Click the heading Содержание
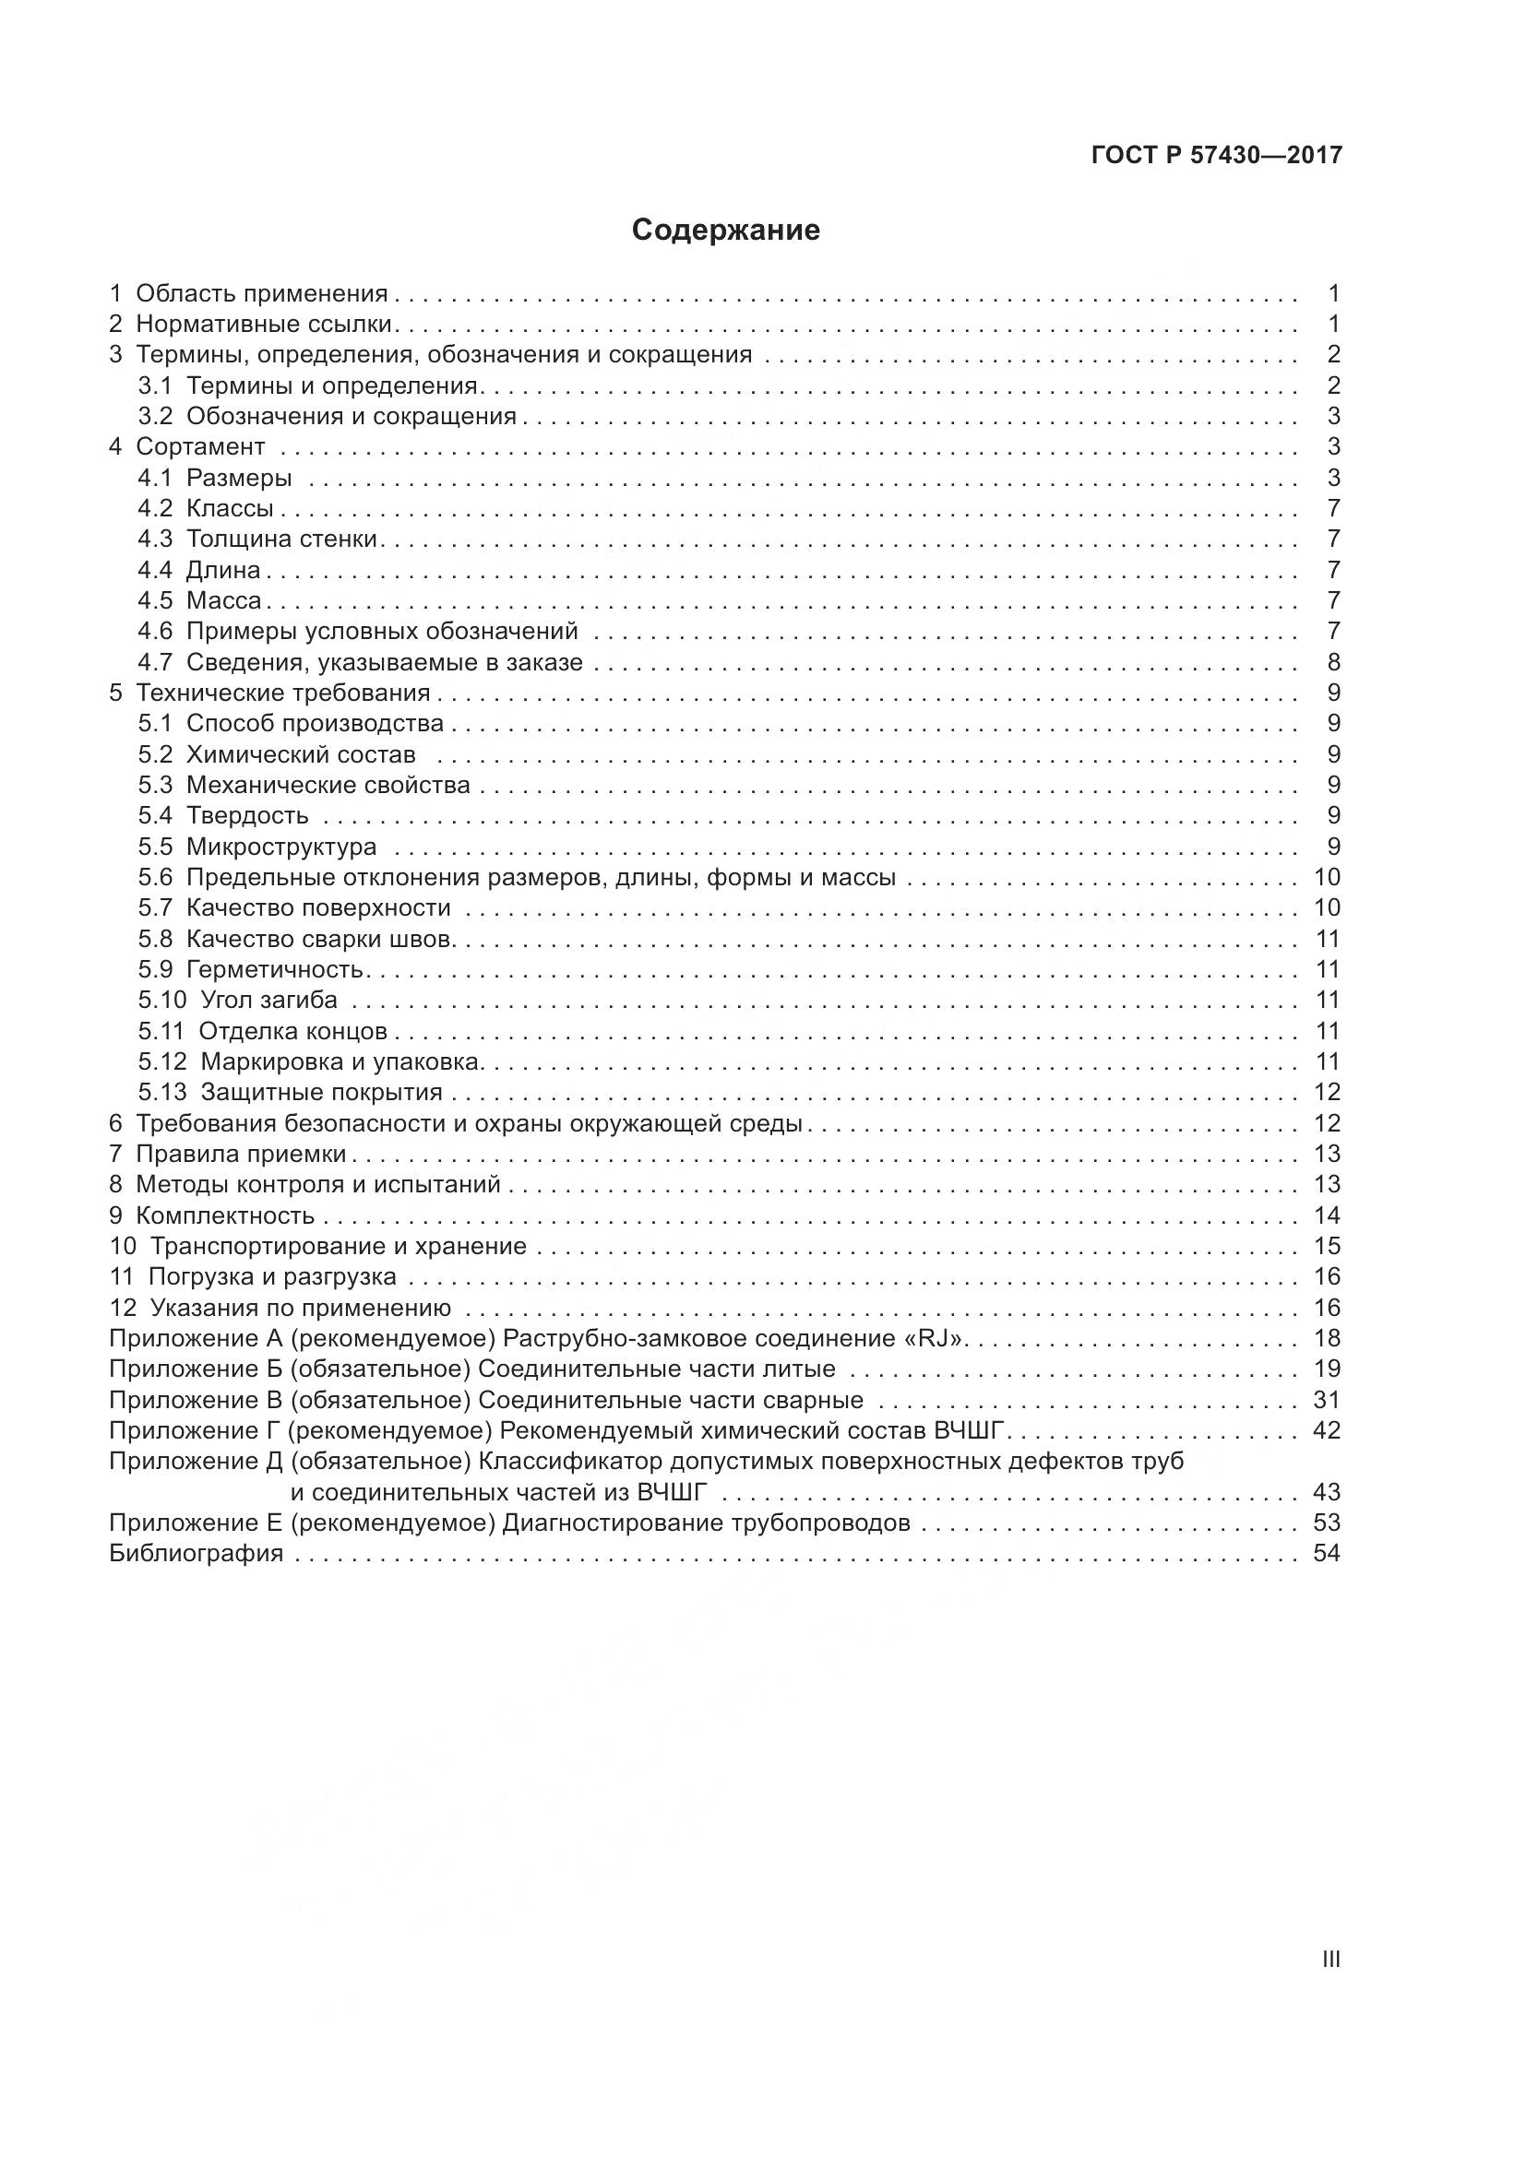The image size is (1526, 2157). pyautogui.click(x=725, y=231)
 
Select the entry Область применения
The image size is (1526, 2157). pyautogui.click(x=261, y=293)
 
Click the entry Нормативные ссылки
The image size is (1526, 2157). pyautogui.click(x=263, y=324)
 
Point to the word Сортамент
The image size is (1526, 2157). pyautogui.click(x=200, y=446)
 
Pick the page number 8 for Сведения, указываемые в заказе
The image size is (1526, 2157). pyautogui.click(x=1333, y=661)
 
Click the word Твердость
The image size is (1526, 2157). pyautogui.click(x=247, y=815)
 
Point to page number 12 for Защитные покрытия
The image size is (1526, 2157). pyautogui.click(x=1327, y=1092)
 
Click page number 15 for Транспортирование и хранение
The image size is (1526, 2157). pyautogui.click(x=1327, y=1246)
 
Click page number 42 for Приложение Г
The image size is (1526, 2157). pyautogui.click(x=1327, y=1430)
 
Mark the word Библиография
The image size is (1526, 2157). pyautogui.click(x=197, y=1553)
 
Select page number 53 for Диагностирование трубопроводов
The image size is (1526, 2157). pyautogui.click(x=1327, y=1522)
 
